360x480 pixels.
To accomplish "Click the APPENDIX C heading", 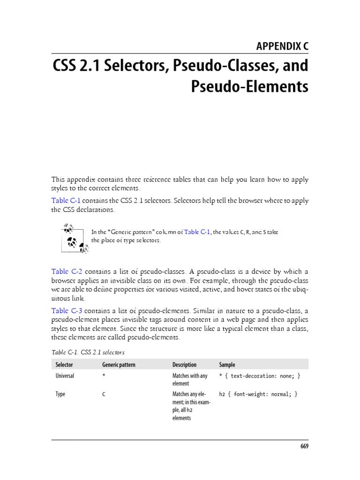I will (x=282, y=46).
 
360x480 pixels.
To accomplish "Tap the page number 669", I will (x=304, y=446).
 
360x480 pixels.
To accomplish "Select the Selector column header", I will (x=64, y=364).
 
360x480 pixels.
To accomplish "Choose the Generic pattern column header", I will (x=118, y=364).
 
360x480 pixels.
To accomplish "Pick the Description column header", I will (x=184, y=364).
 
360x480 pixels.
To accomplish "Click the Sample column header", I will (x=227, y=364).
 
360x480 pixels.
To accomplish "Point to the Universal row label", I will (x=65, y=376).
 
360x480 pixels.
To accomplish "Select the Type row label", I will (x=60, y=394).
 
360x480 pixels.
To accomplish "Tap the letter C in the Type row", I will (x=104, y=394).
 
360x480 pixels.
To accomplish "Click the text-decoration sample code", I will (x=259, y=376).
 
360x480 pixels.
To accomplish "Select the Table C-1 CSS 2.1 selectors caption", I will (x=88, y=351).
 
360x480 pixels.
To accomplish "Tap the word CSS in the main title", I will (x=67, y=66).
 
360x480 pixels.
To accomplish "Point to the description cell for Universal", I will (x=189, y=380).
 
